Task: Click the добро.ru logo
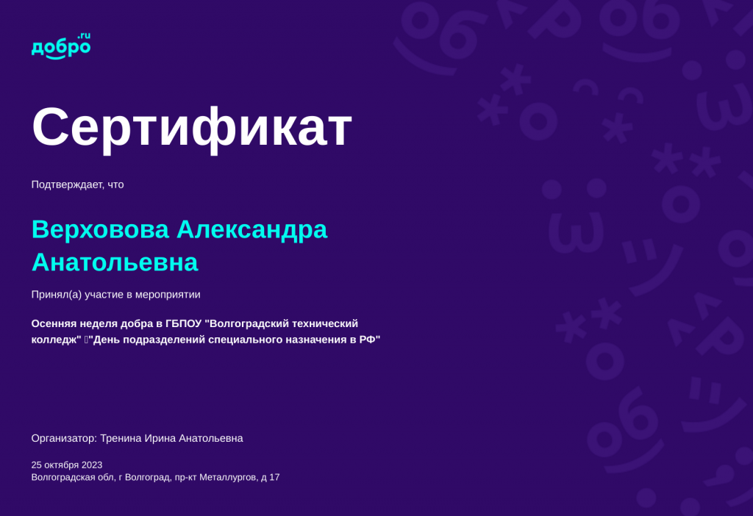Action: [x=60, y=46]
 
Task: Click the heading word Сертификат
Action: [x=192, y=127]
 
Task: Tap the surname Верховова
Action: [x=100, y=229]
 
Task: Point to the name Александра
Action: [x=251, y=229]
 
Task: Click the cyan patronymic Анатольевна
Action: [x=115, y=262]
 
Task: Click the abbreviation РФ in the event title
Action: [x=368, y=340]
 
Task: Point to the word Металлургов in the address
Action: [x=228, y=477]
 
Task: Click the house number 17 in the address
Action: [x=274, y=477]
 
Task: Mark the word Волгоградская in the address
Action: [x=63, y=477]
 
